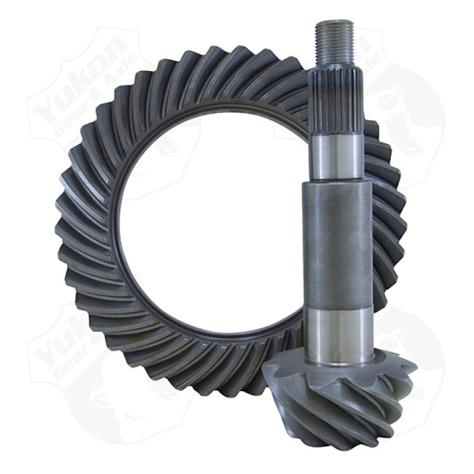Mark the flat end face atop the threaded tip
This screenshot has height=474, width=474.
click(335, 23)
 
